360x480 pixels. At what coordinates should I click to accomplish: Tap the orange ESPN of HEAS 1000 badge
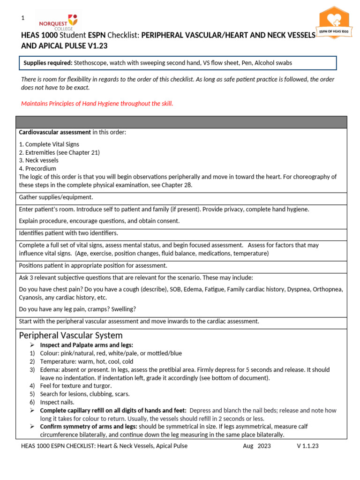point(334,23)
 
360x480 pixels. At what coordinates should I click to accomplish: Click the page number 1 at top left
point(22,18)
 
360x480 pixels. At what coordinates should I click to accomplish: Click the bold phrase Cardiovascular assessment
point(55,132)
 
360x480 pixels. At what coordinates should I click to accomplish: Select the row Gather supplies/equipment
point(56,197)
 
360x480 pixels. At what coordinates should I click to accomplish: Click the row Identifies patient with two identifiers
point(68,233)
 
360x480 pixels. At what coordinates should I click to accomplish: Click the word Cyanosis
point(30,298)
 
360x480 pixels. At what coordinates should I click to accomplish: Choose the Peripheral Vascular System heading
point(71,335)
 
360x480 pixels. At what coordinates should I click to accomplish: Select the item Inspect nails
point(56,402)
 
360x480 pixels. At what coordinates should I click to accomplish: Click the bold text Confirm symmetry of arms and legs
point(89,427)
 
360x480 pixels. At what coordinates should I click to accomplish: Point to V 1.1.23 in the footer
point(307,446)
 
